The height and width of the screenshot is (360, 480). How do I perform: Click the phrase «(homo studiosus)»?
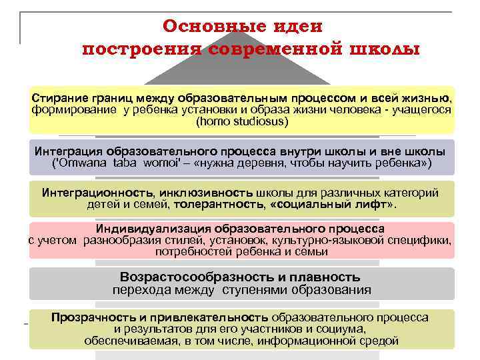[x=242, y=122]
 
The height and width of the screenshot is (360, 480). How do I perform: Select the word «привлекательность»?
[x=213, y=317]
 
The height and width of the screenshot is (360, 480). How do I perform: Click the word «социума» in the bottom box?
[x=339, y=329]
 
